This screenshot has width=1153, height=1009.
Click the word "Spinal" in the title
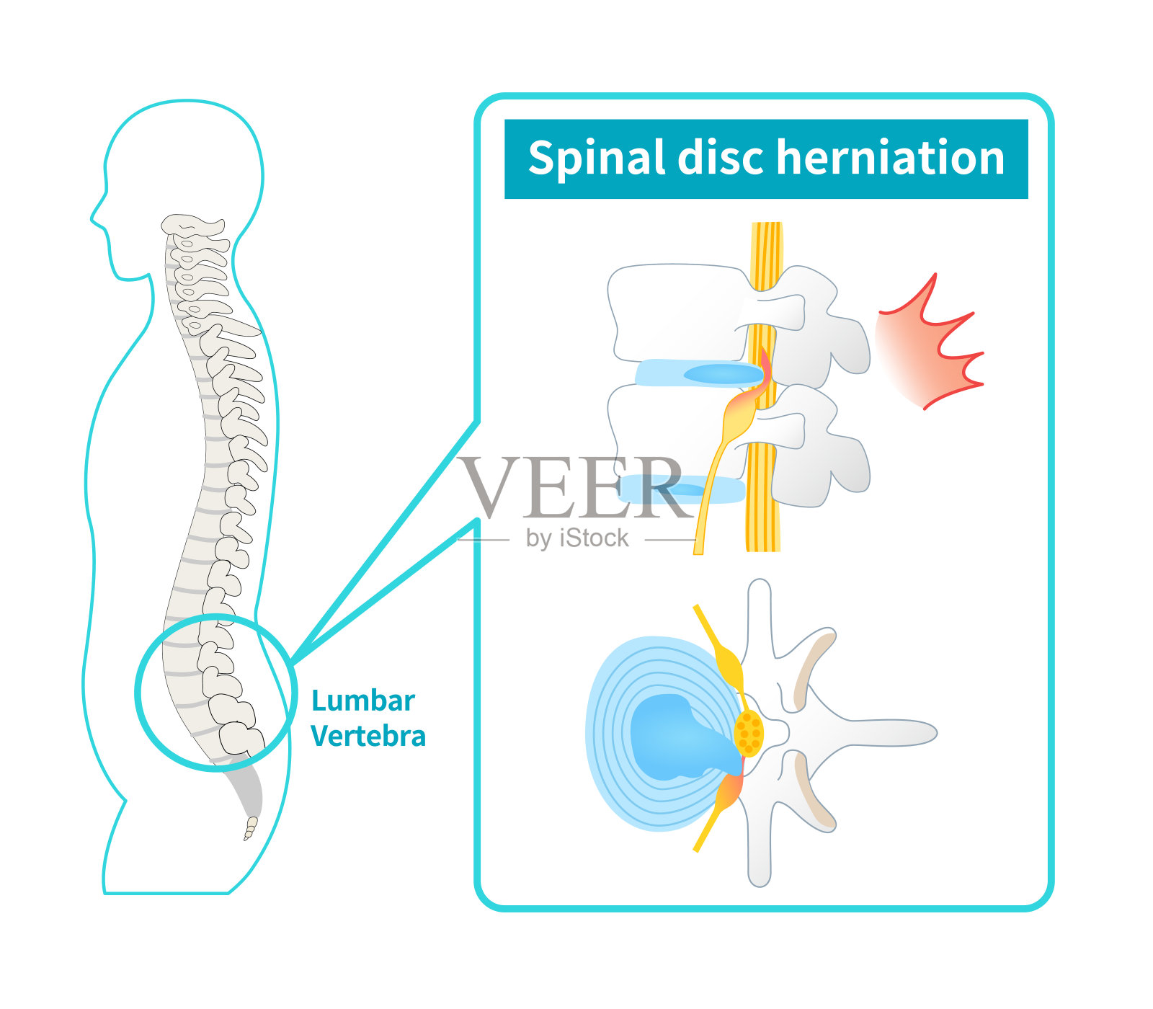[596, 159]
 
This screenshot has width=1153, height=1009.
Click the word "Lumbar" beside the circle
[363, 701]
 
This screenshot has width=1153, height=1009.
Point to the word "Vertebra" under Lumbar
[368, 737]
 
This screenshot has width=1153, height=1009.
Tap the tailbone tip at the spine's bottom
[250, 829]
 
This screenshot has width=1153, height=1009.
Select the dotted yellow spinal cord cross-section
[749, 733]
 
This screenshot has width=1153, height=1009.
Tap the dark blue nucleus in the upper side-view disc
[721, 374]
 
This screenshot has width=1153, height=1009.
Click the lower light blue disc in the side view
[681, 490]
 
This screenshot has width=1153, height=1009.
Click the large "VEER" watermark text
[573, 488]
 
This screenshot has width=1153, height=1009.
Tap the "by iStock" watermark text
[577, 538]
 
